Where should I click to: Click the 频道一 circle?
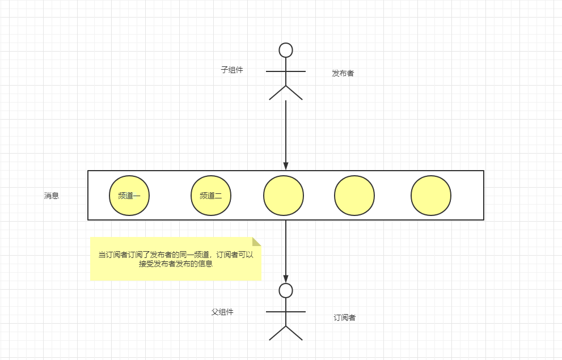pyautogui.click(x=129, y=196)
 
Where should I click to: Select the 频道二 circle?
pyautogui.click(x=211, y=196)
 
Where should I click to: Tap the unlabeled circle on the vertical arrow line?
pyautogui.click(x=284, y=196)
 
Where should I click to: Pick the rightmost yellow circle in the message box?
pyautogui.click(x=431, y=196)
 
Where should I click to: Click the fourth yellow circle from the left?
pyautogui.click(x=354, y=196)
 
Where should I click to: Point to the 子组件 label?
pyautogui.click(x=232, y=70)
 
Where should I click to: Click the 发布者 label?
pyautogui.click(x=343, y=73)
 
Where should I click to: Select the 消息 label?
pyautogui.click(x=52, y=196)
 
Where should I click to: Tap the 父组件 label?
pyautogui.click(x=222, y=312)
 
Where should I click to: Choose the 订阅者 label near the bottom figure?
pyautogui.click(x=345, y=317)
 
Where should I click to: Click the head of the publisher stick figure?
pyautogui.click(x=286, y=50)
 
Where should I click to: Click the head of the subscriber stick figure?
pyautogui.click(x=286, y=291)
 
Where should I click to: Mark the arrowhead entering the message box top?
pyautogui.click(x=286, y=166)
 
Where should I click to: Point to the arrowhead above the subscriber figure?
pyautogui.click(x=286, y=277)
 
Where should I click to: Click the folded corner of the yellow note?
pyautogui.click(x=257, y=241)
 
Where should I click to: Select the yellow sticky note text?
pyautogui.click(x=176, y=259)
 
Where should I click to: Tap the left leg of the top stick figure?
pyautogui.click(x=277, y=92)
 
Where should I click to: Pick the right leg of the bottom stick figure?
pyautogui.click(x=294, y=333)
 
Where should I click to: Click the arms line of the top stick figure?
pyautogui.click(x=286, y=71)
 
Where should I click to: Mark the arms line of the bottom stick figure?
pyautogui.click(x=286, y=312)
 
